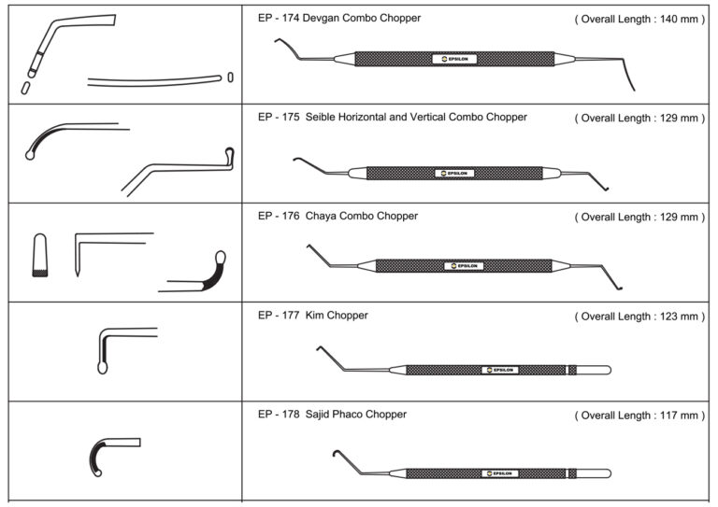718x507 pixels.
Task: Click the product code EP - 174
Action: coord(277,18)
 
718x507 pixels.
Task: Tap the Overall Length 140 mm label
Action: coord(639,19)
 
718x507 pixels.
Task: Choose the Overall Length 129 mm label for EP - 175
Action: coord(639,118)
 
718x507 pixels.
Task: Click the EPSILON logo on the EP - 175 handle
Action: coord(455,173)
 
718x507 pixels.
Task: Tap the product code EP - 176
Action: coord(277,217)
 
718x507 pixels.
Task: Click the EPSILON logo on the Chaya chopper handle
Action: coord(464,266)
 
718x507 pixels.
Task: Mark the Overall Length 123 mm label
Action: coord(639,317)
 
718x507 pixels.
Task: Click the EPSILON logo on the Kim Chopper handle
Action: coord(499,370)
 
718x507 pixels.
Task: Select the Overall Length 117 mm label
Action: coord(639,415)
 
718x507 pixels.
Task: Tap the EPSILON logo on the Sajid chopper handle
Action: coord(499,473)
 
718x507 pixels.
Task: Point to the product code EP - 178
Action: coord(277,415)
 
